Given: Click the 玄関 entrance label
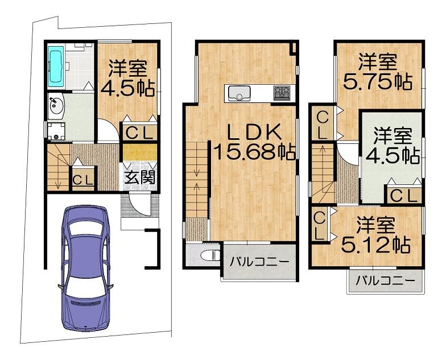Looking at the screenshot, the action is [140, 178].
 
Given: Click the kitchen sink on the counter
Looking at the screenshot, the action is [238, 93].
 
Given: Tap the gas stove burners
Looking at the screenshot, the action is [282, 93].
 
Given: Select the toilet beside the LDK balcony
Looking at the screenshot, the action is [210, 255].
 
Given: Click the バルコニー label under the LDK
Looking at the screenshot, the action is [259, 262].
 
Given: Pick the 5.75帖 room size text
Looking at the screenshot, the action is [378, 82].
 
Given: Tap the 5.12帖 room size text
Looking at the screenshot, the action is [375, 245].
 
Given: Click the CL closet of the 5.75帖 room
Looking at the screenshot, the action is [323, 123].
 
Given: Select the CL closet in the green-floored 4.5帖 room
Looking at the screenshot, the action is [403, 195].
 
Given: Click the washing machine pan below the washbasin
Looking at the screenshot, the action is [56, 131].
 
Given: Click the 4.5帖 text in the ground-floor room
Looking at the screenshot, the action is [127, 89].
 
